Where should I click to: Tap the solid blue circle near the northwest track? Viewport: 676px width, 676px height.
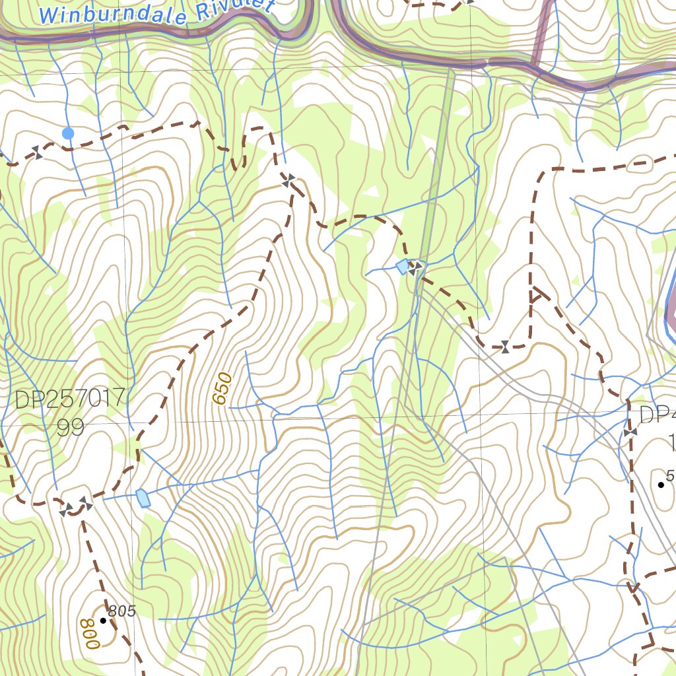(67, 133)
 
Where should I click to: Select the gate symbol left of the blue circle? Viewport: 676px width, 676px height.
(38, 154)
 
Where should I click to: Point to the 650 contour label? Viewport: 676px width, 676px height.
(223, 388)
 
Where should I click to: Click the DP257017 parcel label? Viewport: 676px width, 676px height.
(70, 399)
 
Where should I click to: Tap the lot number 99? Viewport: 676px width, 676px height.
(70, 428)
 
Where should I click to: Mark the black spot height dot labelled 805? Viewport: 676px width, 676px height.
(103, 621)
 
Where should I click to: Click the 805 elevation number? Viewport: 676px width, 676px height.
(122, 611)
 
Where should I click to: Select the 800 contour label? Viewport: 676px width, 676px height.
(86, 633)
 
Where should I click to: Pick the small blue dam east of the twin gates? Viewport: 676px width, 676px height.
(143, 498)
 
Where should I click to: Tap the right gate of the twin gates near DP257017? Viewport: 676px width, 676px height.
(85, 504)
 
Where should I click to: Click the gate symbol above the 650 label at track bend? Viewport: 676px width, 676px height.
(288, 179)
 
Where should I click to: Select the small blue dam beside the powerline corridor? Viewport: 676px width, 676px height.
(402, 267)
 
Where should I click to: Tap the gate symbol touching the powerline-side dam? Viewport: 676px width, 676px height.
(415, 267)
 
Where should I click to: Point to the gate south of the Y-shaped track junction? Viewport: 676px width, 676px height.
(505, 347)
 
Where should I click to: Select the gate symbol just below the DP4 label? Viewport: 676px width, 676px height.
(629, 432)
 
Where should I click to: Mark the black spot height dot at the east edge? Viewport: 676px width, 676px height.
(661, 485)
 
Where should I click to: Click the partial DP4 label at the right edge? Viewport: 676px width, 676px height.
(657, 415)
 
